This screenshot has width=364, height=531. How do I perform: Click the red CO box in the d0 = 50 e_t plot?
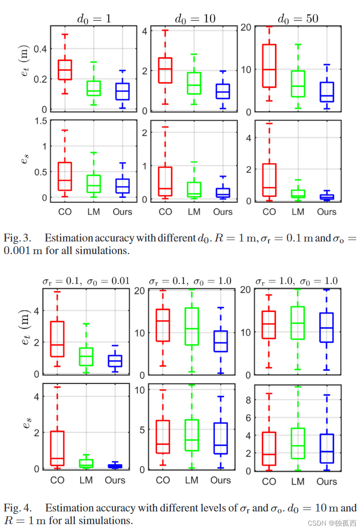click(x=270, y=65)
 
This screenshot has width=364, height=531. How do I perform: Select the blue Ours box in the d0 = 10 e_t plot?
click(x=222, y=91)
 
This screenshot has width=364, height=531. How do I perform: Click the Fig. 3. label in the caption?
click(x=18, y=238)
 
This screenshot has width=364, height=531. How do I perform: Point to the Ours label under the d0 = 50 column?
click(x=326, y=212)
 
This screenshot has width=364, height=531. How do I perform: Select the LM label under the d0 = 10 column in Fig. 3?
click(x=194, y=212)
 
